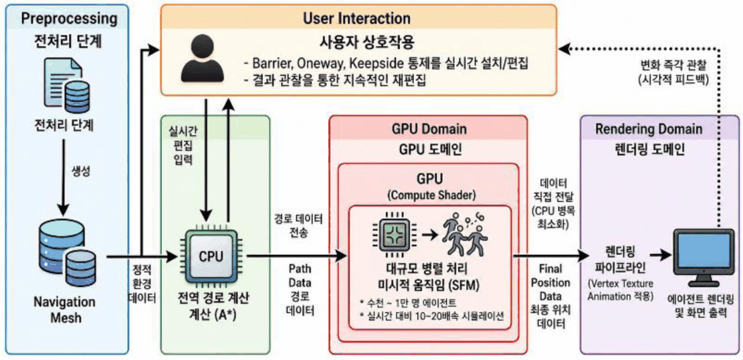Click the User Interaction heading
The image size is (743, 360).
(356, 19)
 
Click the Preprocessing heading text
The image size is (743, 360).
(69, 19)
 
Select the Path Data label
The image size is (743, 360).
(300, 276)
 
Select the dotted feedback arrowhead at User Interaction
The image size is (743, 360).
(564, 48)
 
